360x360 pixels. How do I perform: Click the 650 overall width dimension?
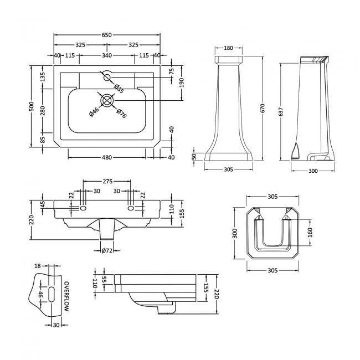pyautogui.click(x=107, y=35)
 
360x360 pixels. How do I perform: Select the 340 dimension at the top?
pyautogui.click(x=107, y=55)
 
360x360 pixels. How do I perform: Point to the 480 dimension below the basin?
pyautogui.click(x=107, y=157)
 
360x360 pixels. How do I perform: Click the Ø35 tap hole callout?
pyautogui.click(x=118, y=87)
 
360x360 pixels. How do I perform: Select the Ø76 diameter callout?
pyautogui.click(x=121, y=115)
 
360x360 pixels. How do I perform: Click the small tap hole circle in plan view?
pyautogui.click(x=106, y=76)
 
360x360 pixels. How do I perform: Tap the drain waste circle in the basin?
pyautogui.click(x=107, y=100)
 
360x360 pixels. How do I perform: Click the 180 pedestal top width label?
pyautogui.click(x=228, y=48)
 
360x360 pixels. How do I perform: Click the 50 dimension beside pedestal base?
pyautogui.click(x=194, y=156)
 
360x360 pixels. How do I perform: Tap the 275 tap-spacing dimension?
pyautogui.click(x=107, y=181)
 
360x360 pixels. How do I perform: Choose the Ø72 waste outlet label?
pyautogui.click(x=107, y=251)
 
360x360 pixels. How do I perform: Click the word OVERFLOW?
pyautogui.click(x=66, y=297)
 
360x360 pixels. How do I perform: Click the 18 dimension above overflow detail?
pyautogui.click(x=38, y=266)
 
